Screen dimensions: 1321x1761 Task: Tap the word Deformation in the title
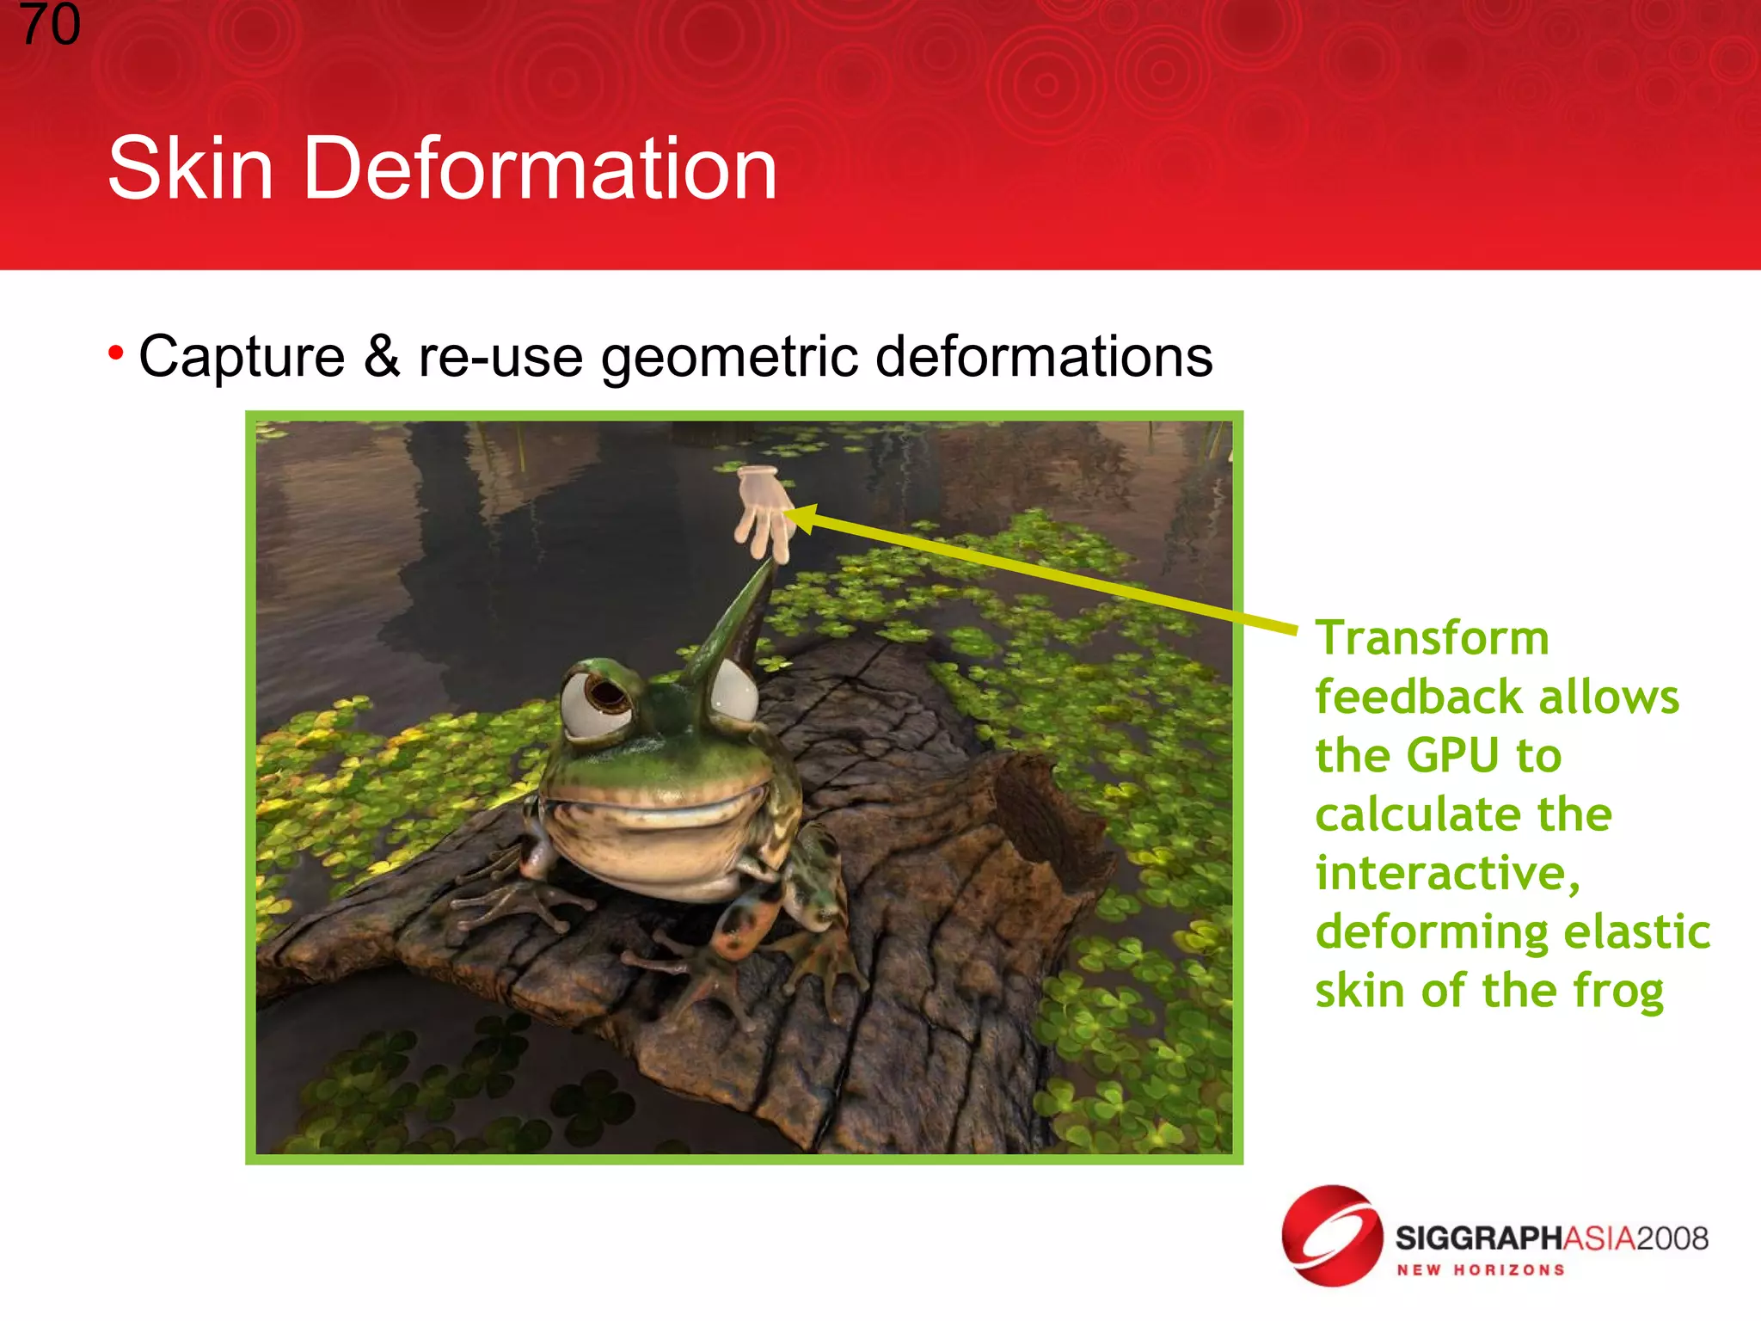[540, 169]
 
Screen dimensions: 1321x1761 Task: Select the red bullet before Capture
[116, 353]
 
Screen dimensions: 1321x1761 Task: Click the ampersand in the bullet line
[382, 356]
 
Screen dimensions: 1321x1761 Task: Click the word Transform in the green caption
[1433, 638]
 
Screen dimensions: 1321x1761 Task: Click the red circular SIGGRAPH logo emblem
[1332, 1236]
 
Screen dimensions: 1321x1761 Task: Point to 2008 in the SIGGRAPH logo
[1672, 1238]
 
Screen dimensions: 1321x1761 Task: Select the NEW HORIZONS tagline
[1481, 1270]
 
